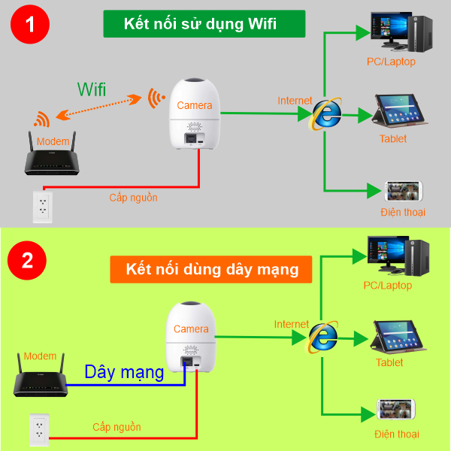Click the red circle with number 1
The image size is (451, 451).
(31, 24)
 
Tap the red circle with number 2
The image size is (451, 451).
(27, 261)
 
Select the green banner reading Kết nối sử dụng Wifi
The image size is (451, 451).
(204, 24)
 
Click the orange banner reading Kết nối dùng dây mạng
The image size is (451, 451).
(210, 268)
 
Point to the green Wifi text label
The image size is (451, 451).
(92, 89)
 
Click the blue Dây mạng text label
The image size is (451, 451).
(124, 371)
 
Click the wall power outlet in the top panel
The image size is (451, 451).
(42, 207)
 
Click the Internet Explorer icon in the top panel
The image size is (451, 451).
(327, 114)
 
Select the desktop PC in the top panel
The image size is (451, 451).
(398, 30)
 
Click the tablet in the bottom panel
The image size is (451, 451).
(398, 336)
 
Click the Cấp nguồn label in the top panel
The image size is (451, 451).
(133, 198)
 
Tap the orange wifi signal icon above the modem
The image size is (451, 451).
(41, 119)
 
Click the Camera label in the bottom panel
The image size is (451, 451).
(191, 329)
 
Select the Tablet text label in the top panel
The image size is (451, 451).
(392, 138)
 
